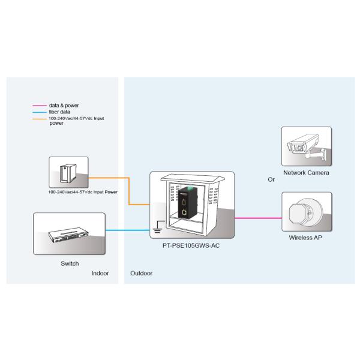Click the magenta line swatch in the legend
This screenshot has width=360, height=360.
(x=40, y=105)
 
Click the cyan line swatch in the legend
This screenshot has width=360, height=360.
(x=40, y=112)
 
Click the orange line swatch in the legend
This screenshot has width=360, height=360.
(x=40, y=118)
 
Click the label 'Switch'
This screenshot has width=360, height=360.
(x=70, y=263)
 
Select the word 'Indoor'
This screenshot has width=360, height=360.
(x=100, y=273)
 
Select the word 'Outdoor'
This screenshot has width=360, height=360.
(x=141, y=273)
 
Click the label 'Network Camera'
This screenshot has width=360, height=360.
(x=306, y=173)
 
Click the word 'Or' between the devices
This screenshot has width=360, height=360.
(x=271, y=179)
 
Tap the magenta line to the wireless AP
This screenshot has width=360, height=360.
(x=258, y=218)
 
